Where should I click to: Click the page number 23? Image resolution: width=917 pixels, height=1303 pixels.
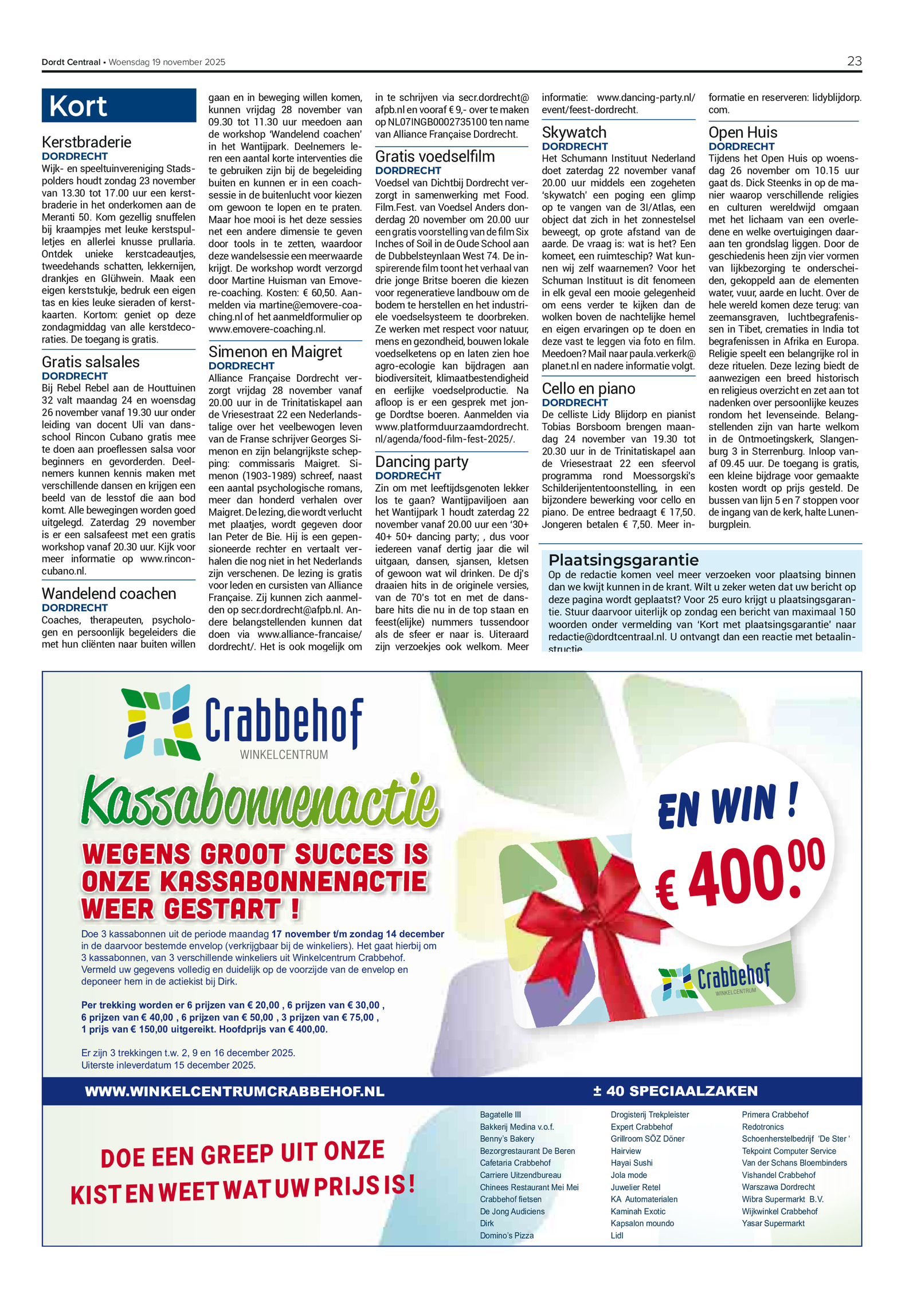click(853, 61)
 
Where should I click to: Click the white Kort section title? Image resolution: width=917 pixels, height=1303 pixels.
click(78, 106)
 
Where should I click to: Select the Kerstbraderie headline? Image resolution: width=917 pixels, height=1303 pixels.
click(87, 142)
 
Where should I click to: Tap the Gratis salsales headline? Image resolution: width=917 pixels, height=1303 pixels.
click(91, 362)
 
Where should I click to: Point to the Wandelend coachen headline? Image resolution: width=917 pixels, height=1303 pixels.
click(109, 594)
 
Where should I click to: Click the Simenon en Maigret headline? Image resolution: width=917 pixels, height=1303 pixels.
click(275, 352)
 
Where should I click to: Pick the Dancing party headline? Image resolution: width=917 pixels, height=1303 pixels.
click(421, 462)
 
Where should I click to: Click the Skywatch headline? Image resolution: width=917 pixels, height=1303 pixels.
click(574, 132)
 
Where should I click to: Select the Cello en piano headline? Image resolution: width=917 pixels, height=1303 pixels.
click(588, 388)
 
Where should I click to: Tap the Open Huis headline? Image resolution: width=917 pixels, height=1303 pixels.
click(742, 132)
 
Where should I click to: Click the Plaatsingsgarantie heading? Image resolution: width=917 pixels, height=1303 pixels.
click(623, 560)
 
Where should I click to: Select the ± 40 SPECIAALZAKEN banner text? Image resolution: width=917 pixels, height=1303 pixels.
click(675, 1091)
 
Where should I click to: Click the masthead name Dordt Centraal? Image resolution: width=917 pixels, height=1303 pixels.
click(70, 62)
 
